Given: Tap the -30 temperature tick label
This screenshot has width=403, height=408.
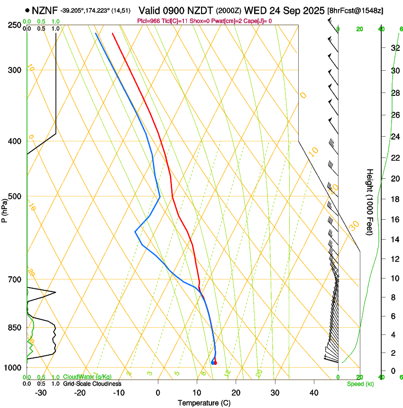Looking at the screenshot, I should pyautogui.click(x=41, y=392).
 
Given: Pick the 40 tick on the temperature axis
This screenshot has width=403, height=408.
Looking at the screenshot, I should pyautogui.click(x=314, y=392).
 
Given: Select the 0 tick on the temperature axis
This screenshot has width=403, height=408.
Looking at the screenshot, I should pyautogui.click(x=158, y=392).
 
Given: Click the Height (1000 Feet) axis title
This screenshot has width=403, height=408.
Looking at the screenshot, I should pyautogui.click(x=370, y=202).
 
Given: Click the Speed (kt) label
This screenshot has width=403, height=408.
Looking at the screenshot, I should pyautogui.click(x=360, y=384).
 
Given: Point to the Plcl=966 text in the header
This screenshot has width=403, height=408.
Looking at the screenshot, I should pyautogui.click(x=149, y=21).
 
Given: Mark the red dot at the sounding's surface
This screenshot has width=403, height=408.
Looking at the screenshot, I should pyautogui.click(x=215, y=363).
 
